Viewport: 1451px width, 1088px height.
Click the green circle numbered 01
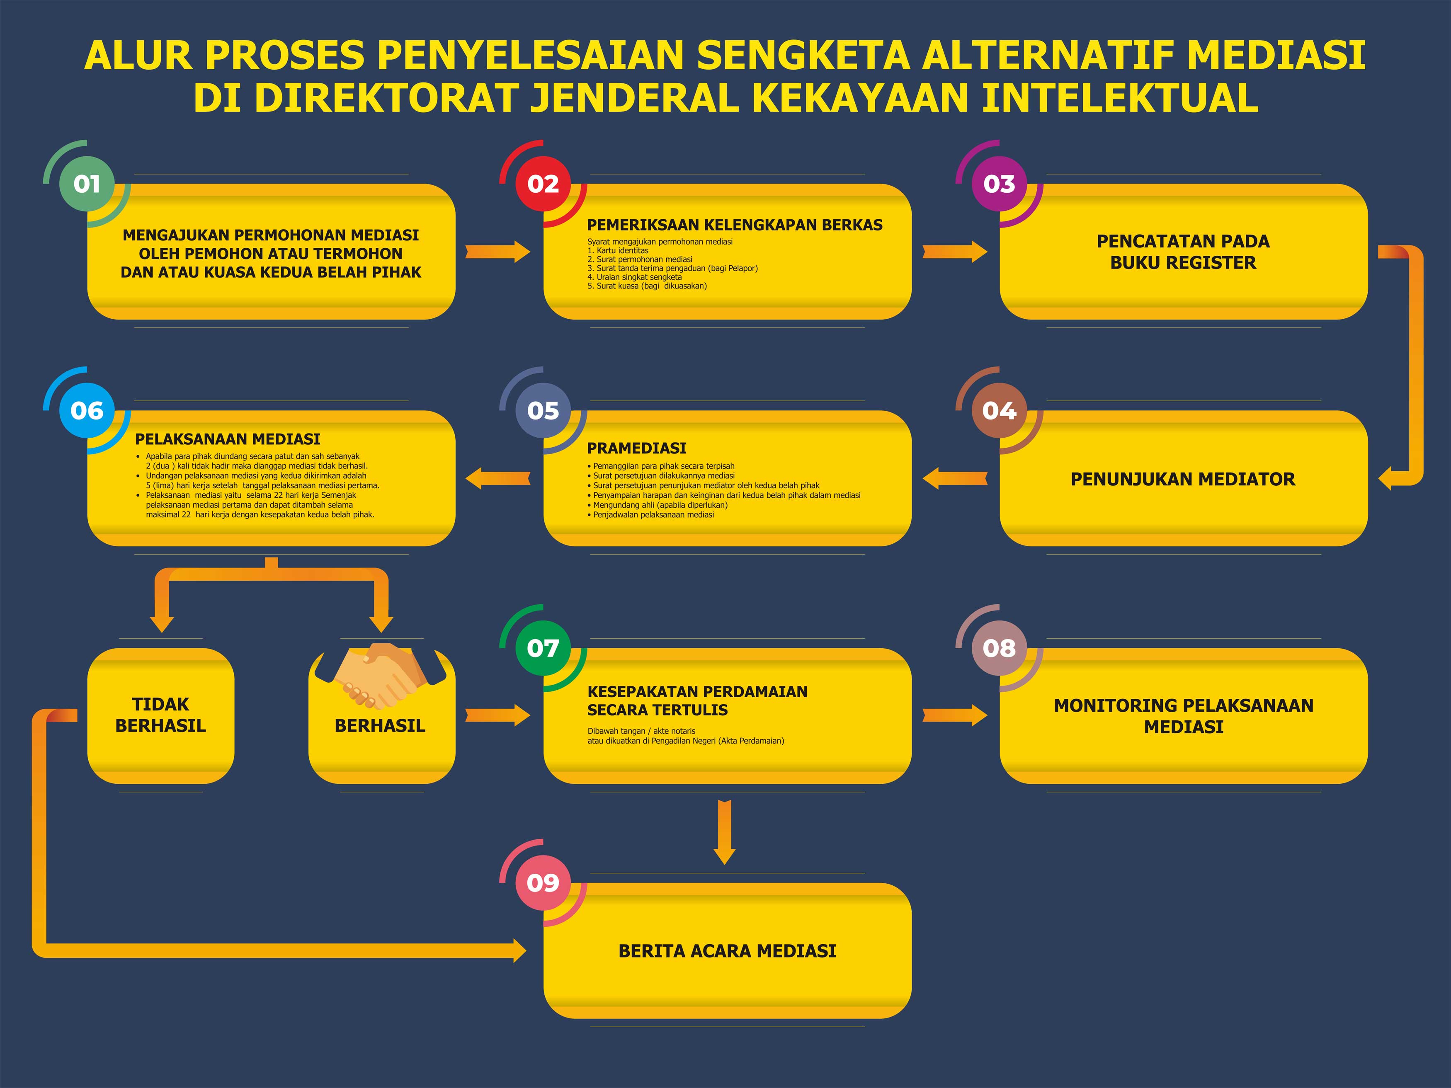[87, 184]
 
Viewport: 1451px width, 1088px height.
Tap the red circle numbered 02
[543, 184]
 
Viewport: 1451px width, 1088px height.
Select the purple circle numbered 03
[999, 184]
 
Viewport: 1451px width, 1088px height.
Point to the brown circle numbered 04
[999, 411]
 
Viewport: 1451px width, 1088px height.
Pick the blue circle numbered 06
[87, 411]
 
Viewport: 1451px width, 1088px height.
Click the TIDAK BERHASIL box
[161, 715]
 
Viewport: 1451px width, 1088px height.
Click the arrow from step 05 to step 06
[498, 478]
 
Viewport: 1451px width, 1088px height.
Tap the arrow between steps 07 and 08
[954, 715]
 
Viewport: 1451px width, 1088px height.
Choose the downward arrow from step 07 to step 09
[724, 832]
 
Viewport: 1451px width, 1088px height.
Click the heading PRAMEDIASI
[636, 448]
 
